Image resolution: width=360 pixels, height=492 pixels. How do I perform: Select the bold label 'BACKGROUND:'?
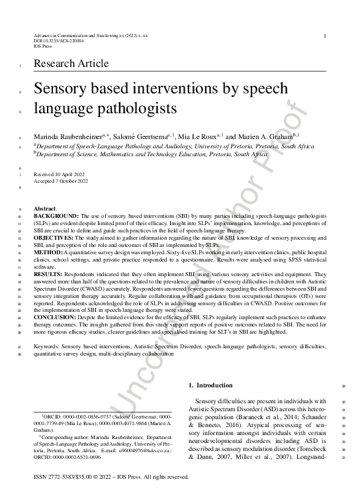pos(56,217)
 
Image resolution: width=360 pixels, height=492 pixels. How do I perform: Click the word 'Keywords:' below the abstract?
pos(48,346)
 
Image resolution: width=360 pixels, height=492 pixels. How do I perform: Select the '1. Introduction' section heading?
pos(211,385)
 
